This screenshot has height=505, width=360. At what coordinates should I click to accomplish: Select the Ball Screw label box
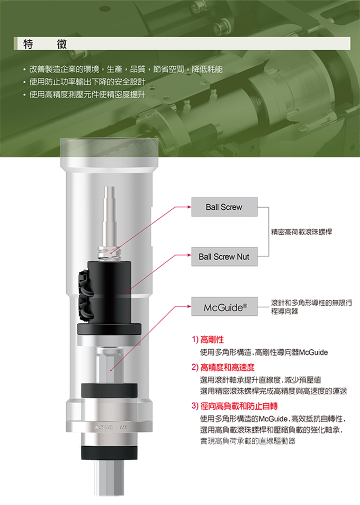pyautogui.click(x=223, y=207)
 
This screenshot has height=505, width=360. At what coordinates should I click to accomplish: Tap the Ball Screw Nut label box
pyautogui.click(x=223, y=257)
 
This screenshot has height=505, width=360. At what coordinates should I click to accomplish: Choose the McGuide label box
pyautogui.click(x=223, y=307)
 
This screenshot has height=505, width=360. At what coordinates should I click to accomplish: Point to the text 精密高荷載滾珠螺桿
pyautogui.click(x=301, y=232)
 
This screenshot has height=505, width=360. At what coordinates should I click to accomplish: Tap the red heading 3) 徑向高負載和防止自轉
pyautogui.click(x=233, y=406)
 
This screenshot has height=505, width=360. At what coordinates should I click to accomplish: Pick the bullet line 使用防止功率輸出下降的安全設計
pyautogui.click(x=87, y=82)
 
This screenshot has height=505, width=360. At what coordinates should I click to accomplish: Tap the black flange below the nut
pyautogui.click(x=109, y=329)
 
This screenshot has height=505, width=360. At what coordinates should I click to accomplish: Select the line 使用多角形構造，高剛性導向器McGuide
pyautogui.click(x=264, y=352)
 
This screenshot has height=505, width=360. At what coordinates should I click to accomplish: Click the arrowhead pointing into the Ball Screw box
pyautogui.click(x=189, y=207)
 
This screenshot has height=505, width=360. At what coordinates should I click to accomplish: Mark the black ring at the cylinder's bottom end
pyautogui.click(x=109, y=454)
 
